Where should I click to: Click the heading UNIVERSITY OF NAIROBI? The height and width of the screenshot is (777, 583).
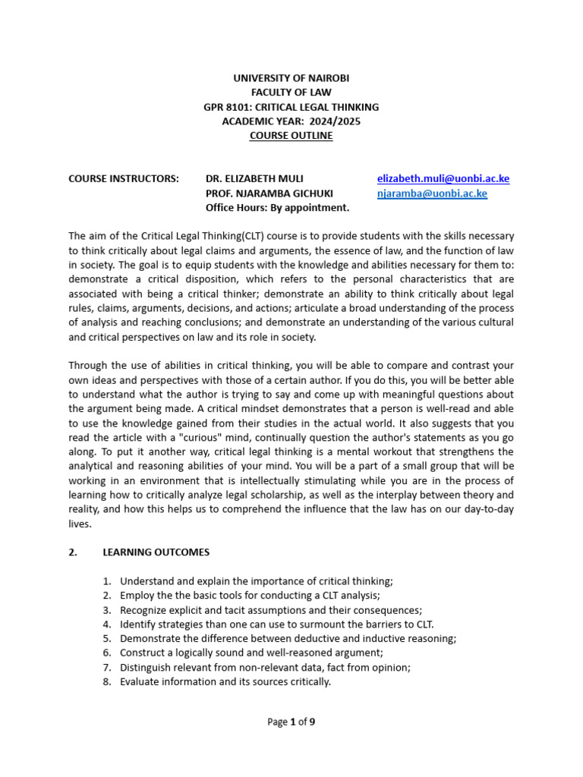pyautogui.click(x=291, y=78)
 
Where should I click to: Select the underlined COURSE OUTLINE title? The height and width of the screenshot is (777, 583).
pyautogui.click(x=291, y=136)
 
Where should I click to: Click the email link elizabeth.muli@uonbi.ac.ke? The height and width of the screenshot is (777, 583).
pyautogui.click(x=443, y=179)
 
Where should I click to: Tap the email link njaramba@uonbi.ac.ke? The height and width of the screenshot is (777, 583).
pyautogui.click(x=432, y=193)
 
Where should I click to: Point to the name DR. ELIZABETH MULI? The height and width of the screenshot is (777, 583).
pyautogui.click(x=254, y=179)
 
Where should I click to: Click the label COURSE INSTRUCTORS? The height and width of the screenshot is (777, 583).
pyautogui.click(x=124, y=179)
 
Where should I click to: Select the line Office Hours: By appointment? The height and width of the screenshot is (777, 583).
pyautogui.click(x=277, y=208)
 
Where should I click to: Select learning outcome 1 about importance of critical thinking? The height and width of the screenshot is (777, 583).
pyautogui.click(x=256, y=581)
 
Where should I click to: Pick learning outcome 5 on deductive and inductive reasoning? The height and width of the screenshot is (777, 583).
pyautogui.click(x=288, y=639)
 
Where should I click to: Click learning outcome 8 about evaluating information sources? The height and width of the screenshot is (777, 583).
pyautogui.click(x=225, y=682)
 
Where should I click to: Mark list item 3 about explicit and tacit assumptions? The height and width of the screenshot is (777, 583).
pyautogui.click(x=270, y=610)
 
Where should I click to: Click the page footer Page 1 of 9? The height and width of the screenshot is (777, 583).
pyautogui.click(x=291, y=722)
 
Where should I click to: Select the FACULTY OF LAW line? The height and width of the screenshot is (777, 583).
pyautogui.click(x=291, y=93)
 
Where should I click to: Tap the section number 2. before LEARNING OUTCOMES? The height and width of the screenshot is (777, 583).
pyautogui.click(x=73, y=552)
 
